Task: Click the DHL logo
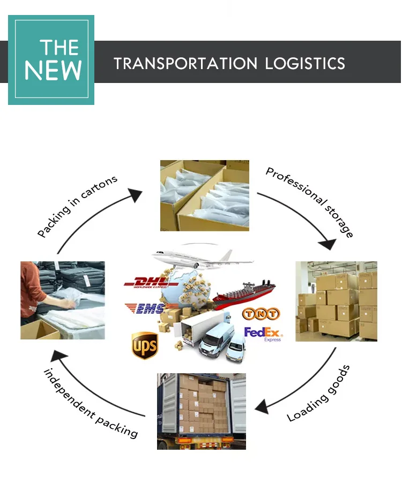[x=145, y=282]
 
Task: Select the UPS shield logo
[x=145, y=345]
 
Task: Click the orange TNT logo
[x=260, y=314]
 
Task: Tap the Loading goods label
[x=318, y=393]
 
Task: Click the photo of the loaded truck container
[x=201, y=411]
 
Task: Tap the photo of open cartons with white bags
[x=205, y=195]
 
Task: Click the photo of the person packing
[x=62, y=300]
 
